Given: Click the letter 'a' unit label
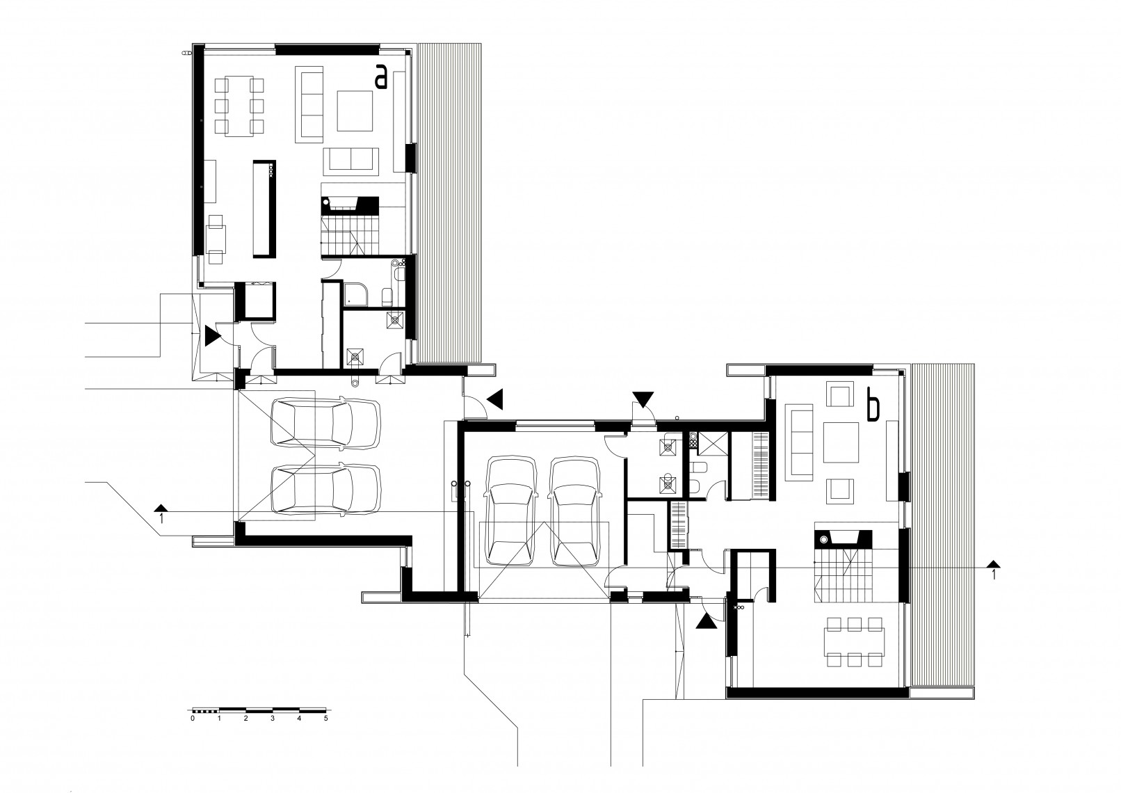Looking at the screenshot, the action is coord(381,78).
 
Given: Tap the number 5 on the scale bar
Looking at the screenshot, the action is coord(325,719).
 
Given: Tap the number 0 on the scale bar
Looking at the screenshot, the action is coord(193,719).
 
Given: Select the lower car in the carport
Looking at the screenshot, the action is coord(325,489).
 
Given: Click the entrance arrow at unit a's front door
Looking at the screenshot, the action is coord(211,336).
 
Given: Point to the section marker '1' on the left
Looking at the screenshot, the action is coord(161,514).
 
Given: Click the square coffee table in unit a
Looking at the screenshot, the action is coord(355,111).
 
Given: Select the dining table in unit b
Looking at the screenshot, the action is coord(854,642).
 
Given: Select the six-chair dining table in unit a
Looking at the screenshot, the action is coord(239,106).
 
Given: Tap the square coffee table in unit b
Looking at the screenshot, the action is coord(841,442).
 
